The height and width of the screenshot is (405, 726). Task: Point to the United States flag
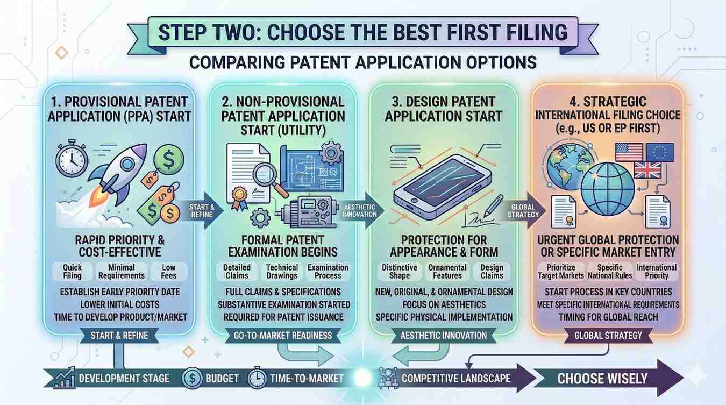coord(629,152)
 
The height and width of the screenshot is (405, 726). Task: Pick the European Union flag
coord(659,152)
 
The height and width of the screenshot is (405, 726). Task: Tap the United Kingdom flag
coord(647,170)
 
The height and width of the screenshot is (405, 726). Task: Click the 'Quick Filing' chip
coord(72,272)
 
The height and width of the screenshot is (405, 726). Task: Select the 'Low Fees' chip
coord(168,272)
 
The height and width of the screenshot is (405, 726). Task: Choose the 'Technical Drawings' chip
coord(282,272)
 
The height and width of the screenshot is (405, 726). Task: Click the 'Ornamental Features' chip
coord(447,272)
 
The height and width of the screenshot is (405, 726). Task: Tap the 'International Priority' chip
coord(656,272)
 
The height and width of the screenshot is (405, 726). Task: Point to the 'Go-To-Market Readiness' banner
coord(283,336)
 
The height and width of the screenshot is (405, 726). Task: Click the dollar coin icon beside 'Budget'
coord(192,378)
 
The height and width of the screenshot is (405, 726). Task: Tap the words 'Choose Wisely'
coord(602,379)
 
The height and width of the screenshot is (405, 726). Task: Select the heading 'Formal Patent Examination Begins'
coord(283,246)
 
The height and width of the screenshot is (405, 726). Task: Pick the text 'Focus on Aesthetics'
coord(444,304)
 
